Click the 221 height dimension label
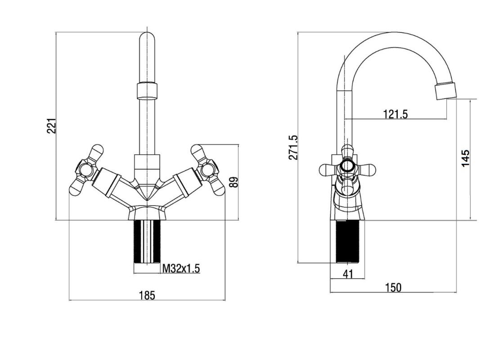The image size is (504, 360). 51,126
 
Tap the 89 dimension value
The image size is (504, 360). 234,182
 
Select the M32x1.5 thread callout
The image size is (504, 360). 181,268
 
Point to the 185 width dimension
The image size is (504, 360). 147,295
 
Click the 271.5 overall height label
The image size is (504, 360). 293,147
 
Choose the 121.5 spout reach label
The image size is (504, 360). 396,114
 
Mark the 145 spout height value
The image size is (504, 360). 465,158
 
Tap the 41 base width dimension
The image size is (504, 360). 348,274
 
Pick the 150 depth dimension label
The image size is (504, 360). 393,287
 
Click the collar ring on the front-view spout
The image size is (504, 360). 147,90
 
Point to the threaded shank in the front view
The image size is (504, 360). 147,242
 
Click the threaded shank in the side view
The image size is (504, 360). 348,242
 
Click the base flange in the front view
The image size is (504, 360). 147,213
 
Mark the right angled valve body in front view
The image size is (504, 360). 182,185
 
